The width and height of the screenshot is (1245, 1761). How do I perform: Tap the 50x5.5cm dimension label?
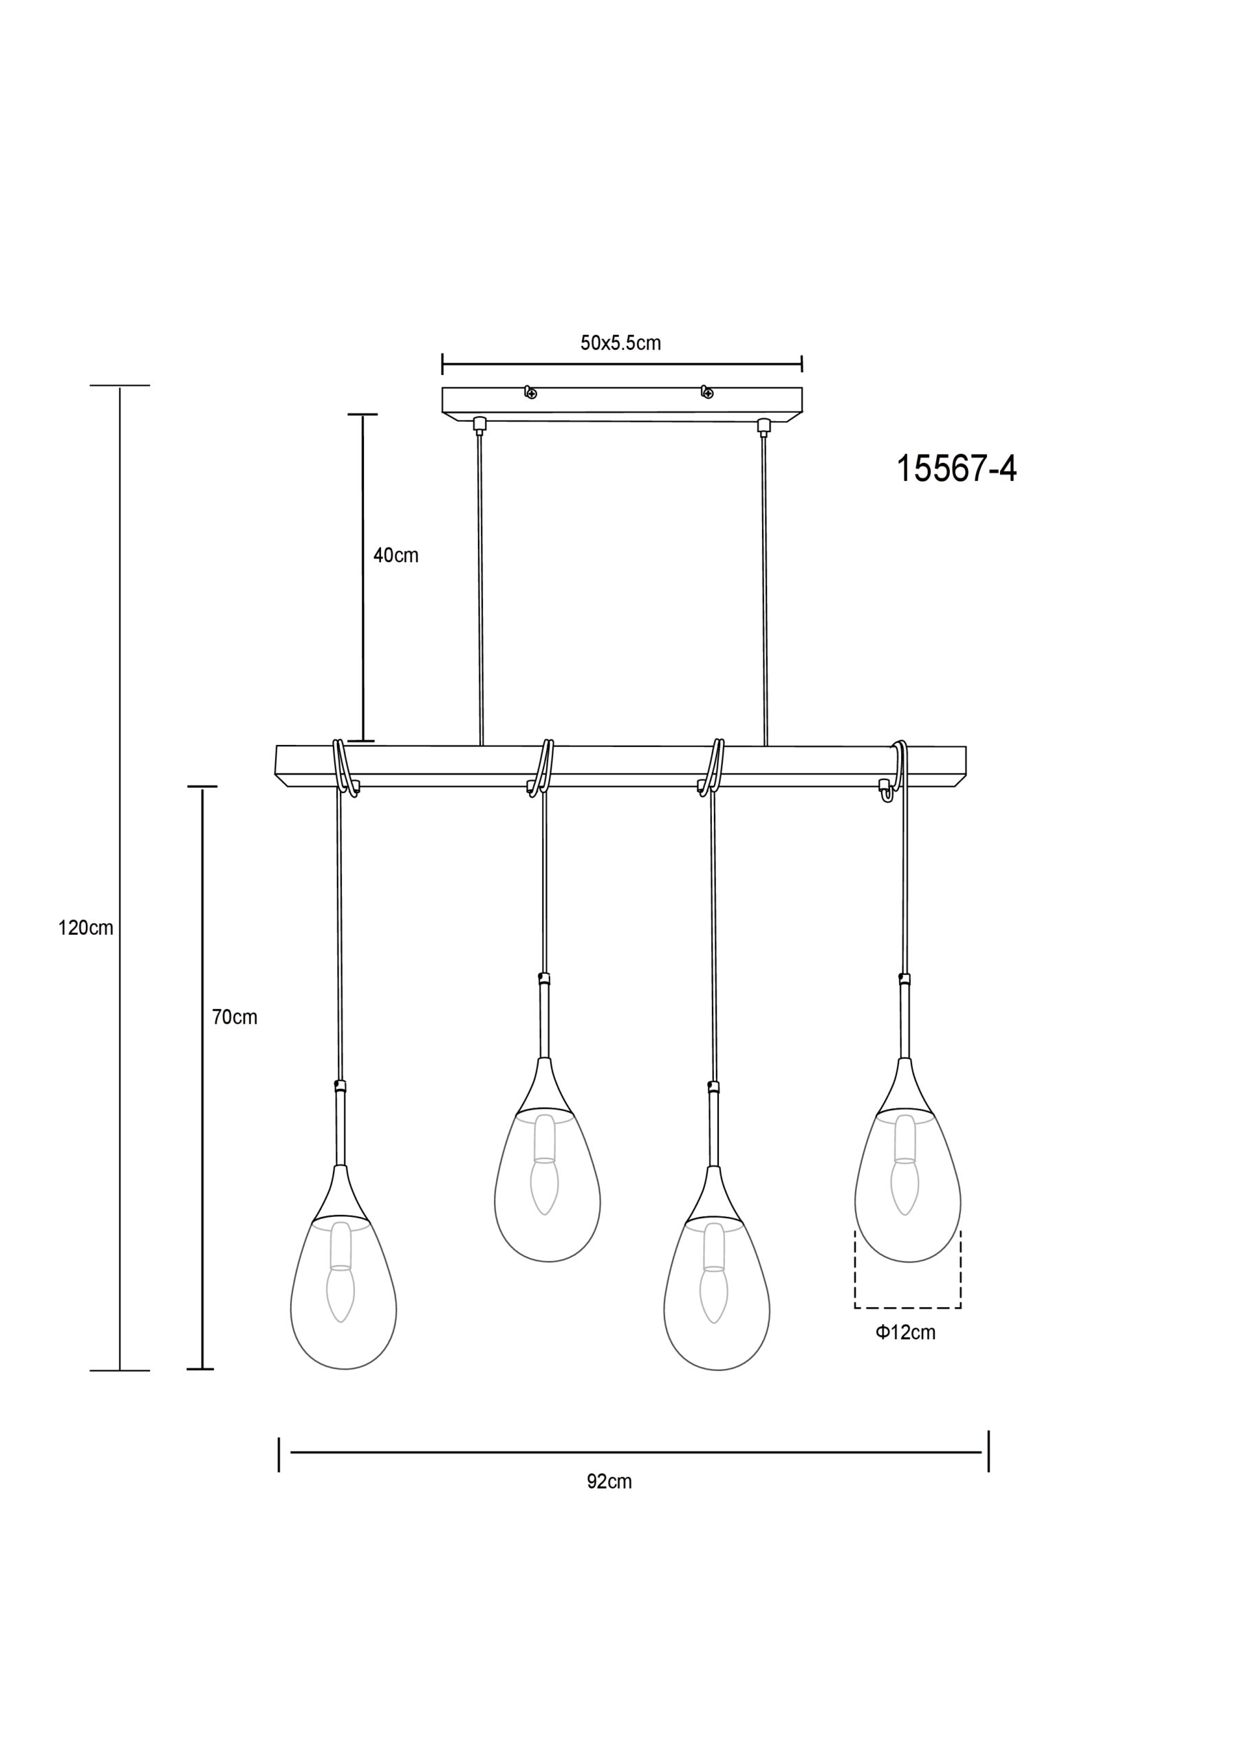point(620,343)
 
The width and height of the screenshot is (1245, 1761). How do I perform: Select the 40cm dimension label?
point(396,555)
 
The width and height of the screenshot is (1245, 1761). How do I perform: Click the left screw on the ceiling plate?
point(530,393)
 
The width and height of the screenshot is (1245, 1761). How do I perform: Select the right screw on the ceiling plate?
point(706,393)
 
